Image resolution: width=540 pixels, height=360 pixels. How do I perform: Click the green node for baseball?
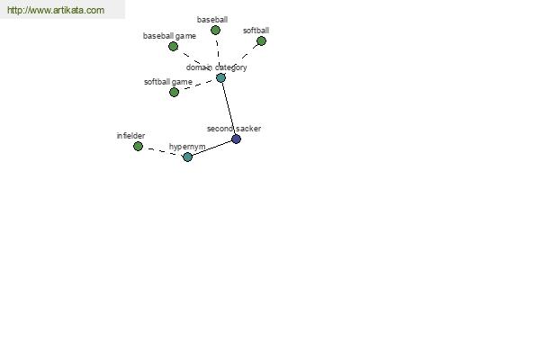pyautogui.click(x=215, y=31)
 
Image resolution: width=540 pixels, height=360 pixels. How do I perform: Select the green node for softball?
pyautogui.click(x=261, y=41)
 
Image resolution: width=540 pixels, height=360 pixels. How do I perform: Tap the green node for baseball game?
pyautogui.click(x=173, y=46)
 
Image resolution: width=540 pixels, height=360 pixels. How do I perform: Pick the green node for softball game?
pyautogui.click(x=175, y=92)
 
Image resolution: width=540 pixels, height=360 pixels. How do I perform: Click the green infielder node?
pyautogui.click(x=138, y=146)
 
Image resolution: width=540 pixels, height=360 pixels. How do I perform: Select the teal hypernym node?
pyautogui.click(x=188, y=157)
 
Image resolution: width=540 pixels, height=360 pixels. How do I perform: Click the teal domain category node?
pyautogui.click(x=220, y=77)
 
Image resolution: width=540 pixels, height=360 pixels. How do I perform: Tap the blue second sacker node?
pyautogui.click(x=236, y=139)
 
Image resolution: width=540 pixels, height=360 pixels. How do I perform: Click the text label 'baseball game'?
pyautogui.click(x=169, y=36)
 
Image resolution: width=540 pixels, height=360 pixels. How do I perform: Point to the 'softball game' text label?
pyautogui.click(x=168, y=82)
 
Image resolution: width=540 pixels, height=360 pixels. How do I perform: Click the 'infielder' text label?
pyautogui.click(x=130, y=136)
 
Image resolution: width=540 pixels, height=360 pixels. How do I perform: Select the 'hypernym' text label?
pyautogui.click(x=187, y=147)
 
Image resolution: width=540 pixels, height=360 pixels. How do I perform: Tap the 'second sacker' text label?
pyautogui.click(x=234, y=129)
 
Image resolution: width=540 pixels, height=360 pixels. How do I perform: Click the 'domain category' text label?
pyautogui.click(x=217, y=67)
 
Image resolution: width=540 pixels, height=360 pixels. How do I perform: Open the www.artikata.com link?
pyautogui.click(x=56, y=10)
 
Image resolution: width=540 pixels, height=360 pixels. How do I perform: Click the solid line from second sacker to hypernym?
pyautogui.click(x=211, y=148)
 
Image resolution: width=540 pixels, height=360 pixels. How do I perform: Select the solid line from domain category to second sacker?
pyautogui.click(x=229, y=108)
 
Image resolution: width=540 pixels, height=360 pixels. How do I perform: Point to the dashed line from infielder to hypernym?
pyautogui.click(x=163, y=151)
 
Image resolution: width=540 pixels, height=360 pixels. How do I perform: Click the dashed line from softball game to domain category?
pyautogui.click(x=197, y=85)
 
